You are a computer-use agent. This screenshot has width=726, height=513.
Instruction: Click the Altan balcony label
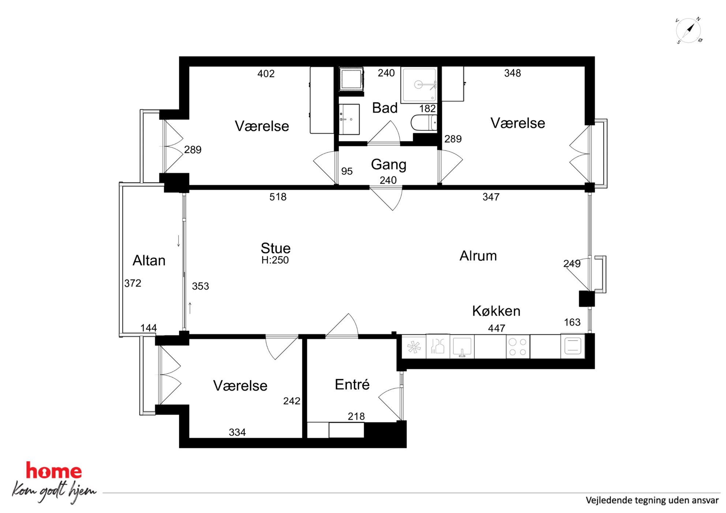pyautogui.click(x=149, y=261)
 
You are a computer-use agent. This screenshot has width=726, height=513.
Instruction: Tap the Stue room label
pyautogui.click(x=276, y=248)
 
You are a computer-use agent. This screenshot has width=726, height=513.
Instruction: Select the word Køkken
pyautogui.click(x=496, y=311)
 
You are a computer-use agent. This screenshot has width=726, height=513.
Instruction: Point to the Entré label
pyautogui.click(x=352, y=385)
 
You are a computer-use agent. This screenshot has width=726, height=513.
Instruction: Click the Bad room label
pyautogui.click(x=385, y=108)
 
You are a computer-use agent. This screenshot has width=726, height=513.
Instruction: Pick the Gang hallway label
pyautogui.click(x=389, y=165)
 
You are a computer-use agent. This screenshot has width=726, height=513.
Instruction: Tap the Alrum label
pyautogui.click(x=478, y=256)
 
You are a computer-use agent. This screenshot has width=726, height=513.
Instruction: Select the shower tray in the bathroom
pyautogui.click(x=419, y=85)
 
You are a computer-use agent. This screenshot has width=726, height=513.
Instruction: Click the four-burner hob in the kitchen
pyautogui.click(x=518, y=347)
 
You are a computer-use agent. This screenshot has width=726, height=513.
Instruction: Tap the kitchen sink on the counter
pyautogui.click(x=462, y=346)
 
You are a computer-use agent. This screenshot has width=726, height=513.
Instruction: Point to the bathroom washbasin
pyautogui.click(x=349, y=119)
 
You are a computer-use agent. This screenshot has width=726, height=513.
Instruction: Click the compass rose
pyautogui.click(x=688, y=30)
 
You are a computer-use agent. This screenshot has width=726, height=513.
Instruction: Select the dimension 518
pyautogui.click(x=278, y=197)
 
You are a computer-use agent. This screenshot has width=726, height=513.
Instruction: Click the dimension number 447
pyautogui.click(x=497, y=328)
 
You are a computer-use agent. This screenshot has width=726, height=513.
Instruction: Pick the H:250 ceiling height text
pyautogui.click(x=275, y=260)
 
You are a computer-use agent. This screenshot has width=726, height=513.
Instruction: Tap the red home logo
pyautogui.click(x=54, y=471)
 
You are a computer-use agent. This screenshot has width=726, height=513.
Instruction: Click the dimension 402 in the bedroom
pyautogui.click(x=266, y=74)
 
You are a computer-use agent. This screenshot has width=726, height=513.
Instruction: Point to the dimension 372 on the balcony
pyautogui.click(x=132, y=283)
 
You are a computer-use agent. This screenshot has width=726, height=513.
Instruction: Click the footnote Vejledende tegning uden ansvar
pyautogui.click(x=652, y=500)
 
